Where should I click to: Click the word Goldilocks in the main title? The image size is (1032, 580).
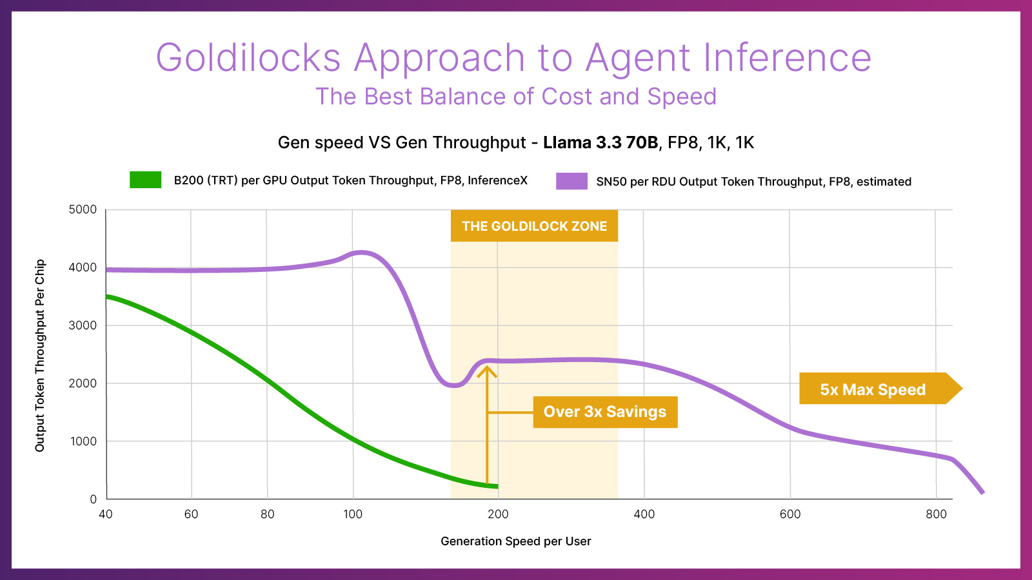pos(248,58)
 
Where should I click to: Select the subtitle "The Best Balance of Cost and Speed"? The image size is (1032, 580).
pos(516,97)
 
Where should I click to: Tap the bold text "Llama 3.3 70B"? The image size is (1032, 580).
pos(600,142)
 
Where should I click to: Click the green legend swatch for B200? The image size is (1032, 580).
pos(145,180)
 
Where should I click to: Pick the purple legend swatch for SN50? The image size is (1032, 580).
pos(571,181)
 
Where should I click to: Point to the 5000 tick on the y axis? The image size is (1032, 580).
pos(83,209)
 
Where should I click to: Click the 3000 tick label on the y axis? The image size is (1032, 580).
pos(83,325)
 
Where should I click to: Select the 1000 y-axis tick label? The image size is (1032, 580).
pos(83,441)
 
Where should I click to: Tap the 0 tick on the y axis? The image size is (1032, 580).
pos(93,499)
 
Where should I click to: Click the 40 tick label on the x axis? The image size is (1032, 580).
pos(106,514)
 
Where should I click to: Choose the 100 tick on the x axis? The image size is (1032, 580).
pos(353,514)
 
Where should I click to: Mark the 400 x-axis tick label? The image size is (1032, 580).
pos(644,514)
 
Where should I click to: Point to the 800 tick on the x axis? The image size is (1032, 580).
pos(936,514)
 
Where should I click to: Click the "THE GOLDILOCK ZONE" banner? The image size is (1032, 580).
pos(534,226)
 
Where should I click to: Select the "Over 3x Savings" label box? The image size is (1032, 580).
pos(605,412)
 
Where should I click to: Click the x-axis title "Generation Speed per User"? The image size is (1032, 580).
pos(516,541)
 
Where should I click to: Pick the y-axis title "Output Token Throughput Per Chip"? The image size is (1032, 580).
pos(40,355)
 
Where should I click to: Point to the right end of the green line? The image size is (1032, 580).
pos(497,486)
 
